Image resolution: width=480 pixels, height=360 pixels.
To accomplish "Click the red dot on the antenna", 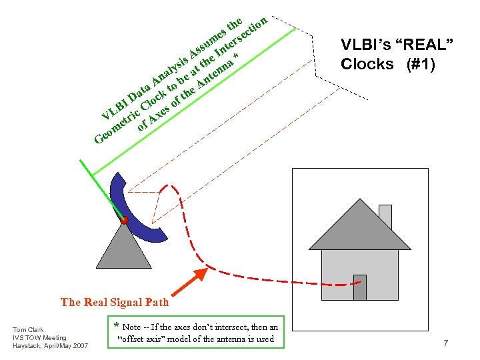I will [x=124, y=220].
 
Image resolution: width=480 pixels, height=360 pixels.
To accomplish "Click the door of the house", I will [x=360, y=287].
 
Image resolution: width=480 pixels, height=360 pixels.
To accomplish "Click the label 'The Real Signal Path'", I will [x=115, y=302].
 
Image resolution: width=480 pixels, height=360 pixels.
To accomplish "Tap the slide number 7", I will [x=445, y=343].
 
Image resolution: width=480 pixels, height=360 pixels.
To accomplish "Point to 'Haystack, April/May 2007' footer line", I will [x=50, y=345].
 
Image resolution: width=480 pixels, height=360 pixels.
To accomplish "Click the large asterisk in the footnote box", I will [x=117, y=327].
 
